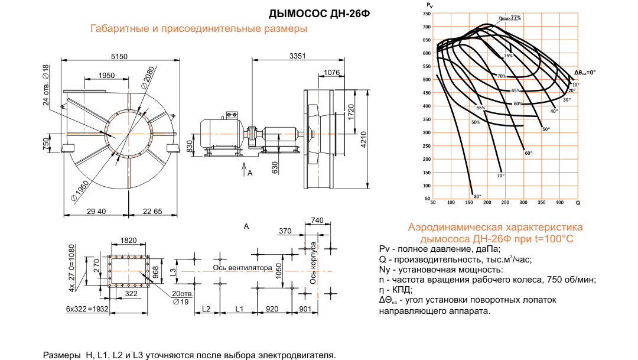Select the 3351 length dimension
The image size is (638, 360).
point(298,56)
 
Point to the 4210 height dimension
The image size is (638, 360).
point(364,139)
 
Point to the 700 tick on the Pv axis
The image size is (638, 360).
point(427,27)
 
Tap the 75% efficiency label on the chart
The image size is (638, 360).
point(507,56)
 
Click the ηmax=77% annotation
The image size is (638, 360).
point(510,18)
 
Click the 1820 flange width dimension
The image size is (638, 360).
point(128,240)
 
